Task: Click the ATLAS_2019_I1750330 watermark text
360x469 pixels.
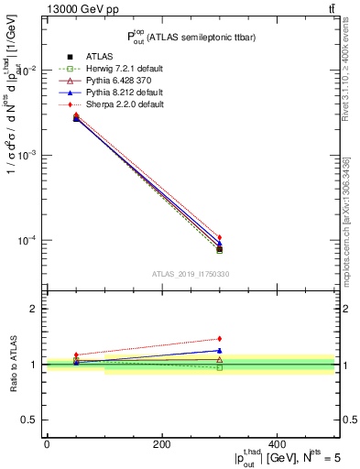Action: point(191,274)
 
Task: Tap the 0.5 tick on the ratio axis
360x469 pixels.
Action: point(30,420)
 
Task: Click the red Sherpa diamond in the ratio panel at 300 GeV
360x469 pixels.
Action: point(220,339)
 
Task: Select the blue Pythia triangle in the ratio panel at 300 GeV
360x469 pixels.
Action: point(220,350)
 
